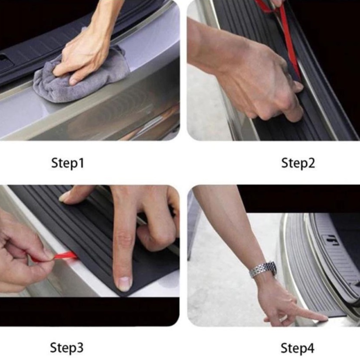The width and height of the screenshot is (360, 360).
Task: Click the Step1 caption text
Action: tap(68, 163)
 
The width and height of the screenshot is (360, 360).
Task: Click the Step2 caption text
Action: tap(298, 163)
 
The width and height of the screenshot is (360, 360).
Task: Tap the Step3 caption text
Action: tap(67, 347)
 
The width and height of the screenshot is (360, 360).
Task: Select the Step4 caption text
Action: tap(297, 347)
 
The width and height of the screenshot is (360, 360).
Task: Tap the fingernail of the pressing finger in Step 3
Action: tap(124, 283)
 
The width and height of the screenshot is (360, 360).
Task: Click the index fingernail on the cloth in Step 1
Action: tap(74, 81)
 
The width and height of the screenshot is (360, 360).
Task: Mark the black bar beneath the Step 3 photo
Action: tap(89, 311)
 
